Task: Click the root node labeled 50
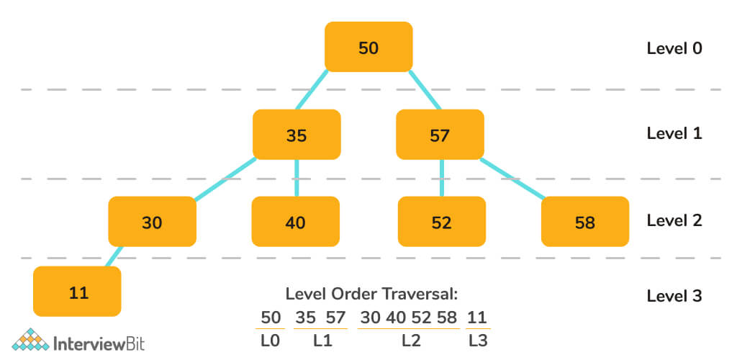click(368, 48)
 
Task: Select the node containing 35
click(296, 135)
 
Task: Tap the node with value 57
click(440, 135)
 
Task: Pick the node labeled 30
click(152, 222)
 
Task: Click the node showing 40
click(295, 222)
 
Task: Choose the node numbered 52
click(441, 222)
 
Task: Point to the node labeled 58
click(584, 222)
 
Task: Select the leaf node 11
click(77, 292)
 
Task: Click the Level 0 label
click(674, 48)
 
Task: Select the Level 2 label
click(674, 220)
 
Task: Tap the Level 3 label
click(674, 295)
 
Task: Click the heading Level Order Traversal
click(371, 294)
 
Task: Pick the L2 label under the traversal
click(411, 341)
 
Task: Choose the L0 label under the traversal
click(271, 341)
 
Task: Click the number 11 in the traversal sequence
click(476, 317)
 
